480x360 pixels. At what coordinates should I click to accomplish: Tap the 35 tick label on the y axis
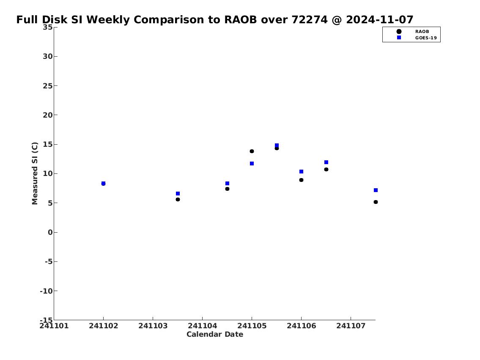click(47, 27)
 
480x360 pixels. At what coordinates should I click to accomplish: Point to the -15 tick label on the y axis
click(46, 320)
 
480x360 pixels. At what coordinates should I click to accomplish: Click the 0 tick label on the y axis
click(50, 232)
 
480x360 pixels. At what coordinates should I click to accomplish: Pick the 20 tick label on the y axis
click(47, 115)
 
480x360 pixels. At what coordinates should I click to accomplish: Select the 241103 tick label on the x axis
click(153, 326)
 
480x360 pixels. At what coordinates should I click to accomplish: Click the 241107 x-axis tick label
click(351, 326)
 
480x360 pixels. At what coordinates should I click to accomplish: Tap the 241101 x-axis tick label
click(54, 326)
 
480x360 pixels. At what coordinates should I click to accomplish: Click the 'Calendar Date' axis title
click(215, 334)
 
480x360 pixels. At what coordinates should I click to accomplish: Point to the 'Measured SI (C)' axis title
click(35, 173)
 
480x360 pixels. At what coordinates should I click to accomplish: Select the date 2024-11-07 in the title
click(380, 19)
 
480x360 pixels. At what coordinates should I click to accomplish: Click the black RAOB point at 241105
click(252, 151)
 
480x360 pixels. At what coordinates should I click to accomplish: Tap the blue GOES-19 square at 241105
click(252, 163)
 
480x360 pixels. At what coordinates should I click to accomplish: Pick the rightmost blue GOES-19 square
click(376, 190)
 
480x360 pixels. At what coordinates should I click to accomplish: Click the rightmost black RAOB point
click(376, 202)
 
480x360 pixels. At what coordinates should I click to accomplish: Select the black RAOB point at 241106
click(301, 180)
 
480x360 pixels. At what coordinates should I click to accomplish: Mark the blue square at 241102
click(104, 183)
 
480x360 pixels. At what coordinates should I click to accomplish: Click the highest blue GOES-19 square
click(277, 146)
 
